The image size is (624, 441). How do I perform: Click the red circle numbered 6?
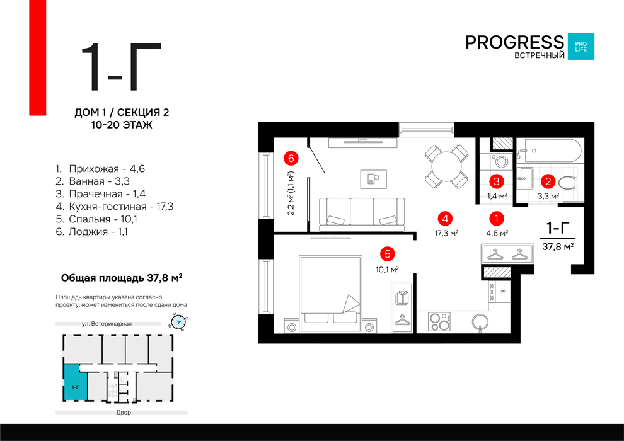coord(291,158)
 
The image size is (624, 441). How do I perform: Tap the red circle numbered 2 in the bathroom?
coord(548,181)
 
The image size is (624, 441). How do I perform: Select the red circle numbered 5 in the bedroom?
coord(387,254)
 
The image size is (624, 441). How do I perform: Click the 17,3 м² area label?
coord(446,233)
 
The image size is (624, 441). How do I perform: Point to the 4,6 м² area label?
coord(497,233)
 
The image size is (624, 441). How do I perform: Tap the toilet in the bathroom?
coord(568,183)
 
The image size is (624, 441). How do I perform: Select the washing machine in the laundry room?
coord(500,161)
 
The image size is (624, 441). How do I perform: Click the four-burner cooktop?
coord(439,322)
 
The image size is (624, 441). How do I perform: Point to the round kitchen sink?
coord(480,322)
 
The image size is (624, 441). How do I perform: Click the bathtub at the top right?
coord(550,151)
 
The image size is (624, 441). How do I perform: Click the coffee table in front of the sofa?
coord(373,178)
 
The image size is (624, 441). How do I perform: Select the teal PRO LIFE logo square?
coord(581,47)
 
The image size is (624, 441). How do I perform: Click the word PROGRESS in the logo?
coord(514,42)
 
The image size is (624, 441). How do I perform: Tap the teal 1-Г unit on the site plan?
coord(75,382)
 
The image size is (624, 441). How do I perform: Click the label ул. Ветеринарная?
coord(107,324)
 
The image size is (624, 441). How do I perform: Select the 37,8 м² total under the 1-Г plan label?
coord(558,246)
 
